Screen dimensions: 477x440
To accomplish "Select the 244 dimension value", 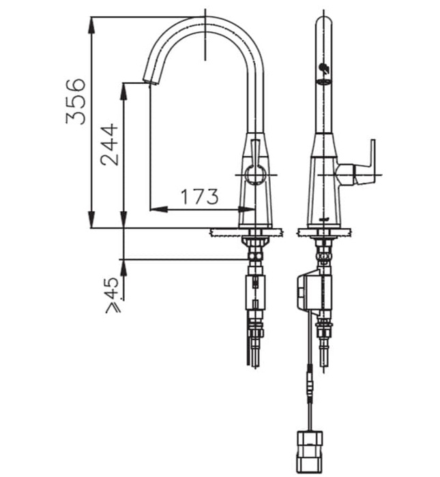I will tap(108, 144).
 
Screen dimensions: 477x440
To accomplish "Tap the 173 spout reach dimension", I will tap(199, 197).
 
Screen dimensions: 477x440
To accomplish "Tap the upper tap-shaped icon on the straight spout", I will tap(323, 67).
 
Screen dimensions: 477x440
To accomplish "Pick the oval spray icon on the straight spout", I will tap(323, 82).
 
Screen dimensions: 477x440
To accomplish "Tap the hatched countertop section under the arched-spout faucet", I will tap(245, 232).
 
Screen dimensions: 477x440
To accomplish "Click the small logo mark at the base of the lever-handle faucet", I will tap(325, 220).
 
